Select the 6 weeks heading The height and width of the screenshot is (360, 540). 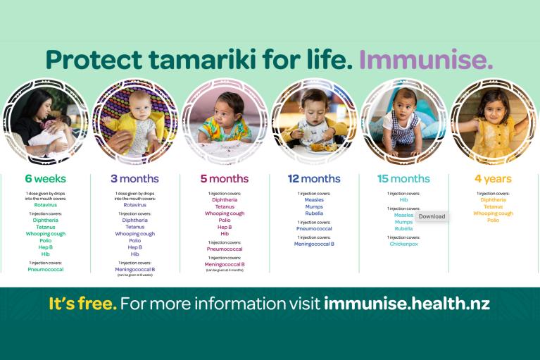(46, 179)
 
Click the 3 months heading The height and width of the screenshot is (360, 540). (134, 179)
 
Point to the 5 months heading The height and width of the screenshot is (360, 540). (224, 179)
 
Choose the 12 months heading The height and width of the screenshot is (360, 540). (314, 179)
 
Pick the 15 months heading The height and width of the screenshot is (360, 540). (403, 179)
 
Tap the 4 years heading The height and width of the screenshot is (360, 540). (493, 179)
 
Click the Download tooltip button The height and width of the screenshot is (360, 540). (432, 216)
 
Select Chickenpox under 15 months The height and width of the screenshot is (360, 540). (403, 244)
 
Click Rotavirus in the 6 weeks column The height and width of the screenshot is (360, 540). (46, 205)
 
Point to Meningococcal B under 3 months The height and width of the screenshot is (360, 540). (134, 269)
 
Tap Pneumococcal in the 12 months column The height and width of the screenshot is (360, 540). (314, 229)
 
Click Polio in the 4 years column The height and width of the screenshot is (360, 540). (493, 220)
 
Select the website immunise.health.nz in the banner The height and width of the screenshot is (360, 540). (407, 304)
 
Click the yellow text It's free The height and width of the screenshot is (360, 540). (82, 304)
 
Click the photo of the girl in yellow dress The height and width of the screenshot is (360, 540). (493, 120)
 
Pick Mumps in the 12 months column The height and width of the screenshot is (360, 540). (314, 206)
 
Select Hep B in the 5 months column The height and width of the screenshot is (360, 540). (224, 227)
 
